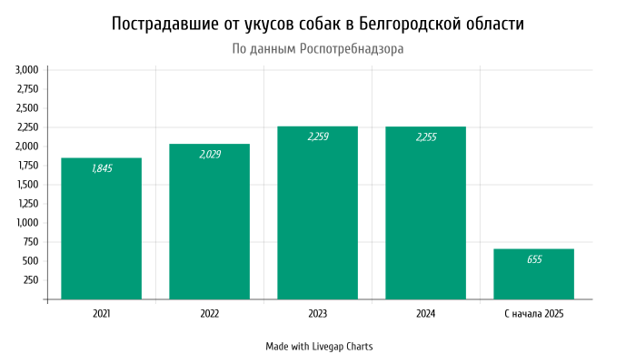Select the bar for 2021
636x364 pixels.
101,228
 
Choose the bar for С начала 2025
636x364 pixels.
533,274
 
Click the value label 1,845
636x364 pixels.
101,169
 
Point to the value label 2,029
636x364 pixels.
209,155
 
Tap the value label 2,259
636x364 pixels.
317,137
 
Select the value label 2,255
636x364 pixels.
425,137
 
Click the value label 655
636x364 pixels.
533,260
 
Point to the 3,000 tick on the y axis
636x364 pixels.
27,70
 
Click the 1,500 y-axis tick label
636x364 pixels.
27,185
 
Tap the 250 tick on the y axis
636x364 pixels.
31,280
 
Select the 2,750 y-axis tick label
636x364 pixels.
27,89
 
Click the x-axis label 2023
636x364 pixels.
317,314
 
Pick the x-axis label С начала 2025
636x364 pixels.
533,314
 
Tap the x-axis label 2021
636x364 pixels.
101,314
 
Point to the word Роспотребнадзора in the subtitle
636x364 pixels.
351,48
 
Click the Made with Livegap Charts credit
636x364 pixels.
319,347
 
